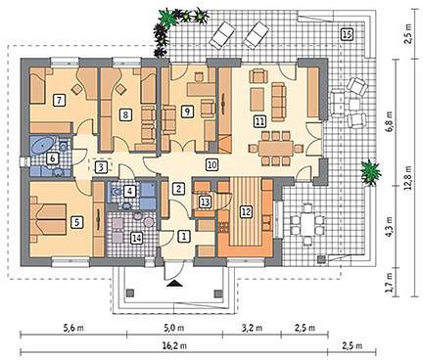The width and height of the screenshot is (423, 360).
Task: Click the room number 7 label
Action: coord(59,100)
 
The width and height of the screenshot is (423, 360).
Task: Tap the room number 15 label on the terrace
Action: coord(347,34)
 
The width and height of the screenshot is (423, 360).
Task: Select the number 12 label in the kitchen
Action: coord(247,211)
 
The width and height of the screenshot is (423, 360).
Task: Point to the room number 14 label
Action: coord(137,238)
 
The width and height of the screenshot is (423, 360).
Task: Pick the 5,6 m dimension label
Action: coord(73,328)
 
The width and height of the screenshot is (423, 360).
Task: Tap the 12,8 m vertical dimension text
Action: coord(408,177)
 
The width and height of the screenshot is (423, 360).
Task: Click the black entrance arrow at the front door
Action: coord(173,284)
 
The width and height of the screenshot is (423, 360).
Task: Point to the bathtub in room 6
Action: coord(42,145)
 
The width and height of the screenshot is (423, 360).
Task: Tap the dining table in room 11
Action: coord(276,149)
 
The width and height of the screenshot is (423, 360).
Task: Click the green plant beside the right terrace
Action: coord(371,172)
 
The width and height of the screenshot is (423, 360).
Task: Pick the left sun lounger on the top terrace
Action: coord(222,34)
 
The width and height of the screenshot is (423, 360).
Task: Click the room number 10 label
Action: coord(211,164)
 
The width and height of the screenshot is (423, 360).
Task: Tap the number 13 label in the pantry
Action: coord(205,202)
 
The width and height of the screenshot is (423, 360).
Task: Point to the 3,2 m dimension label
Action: coord(252,328)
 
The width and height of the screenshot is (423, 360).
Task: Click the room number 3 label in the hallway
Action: coord(101,167)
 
